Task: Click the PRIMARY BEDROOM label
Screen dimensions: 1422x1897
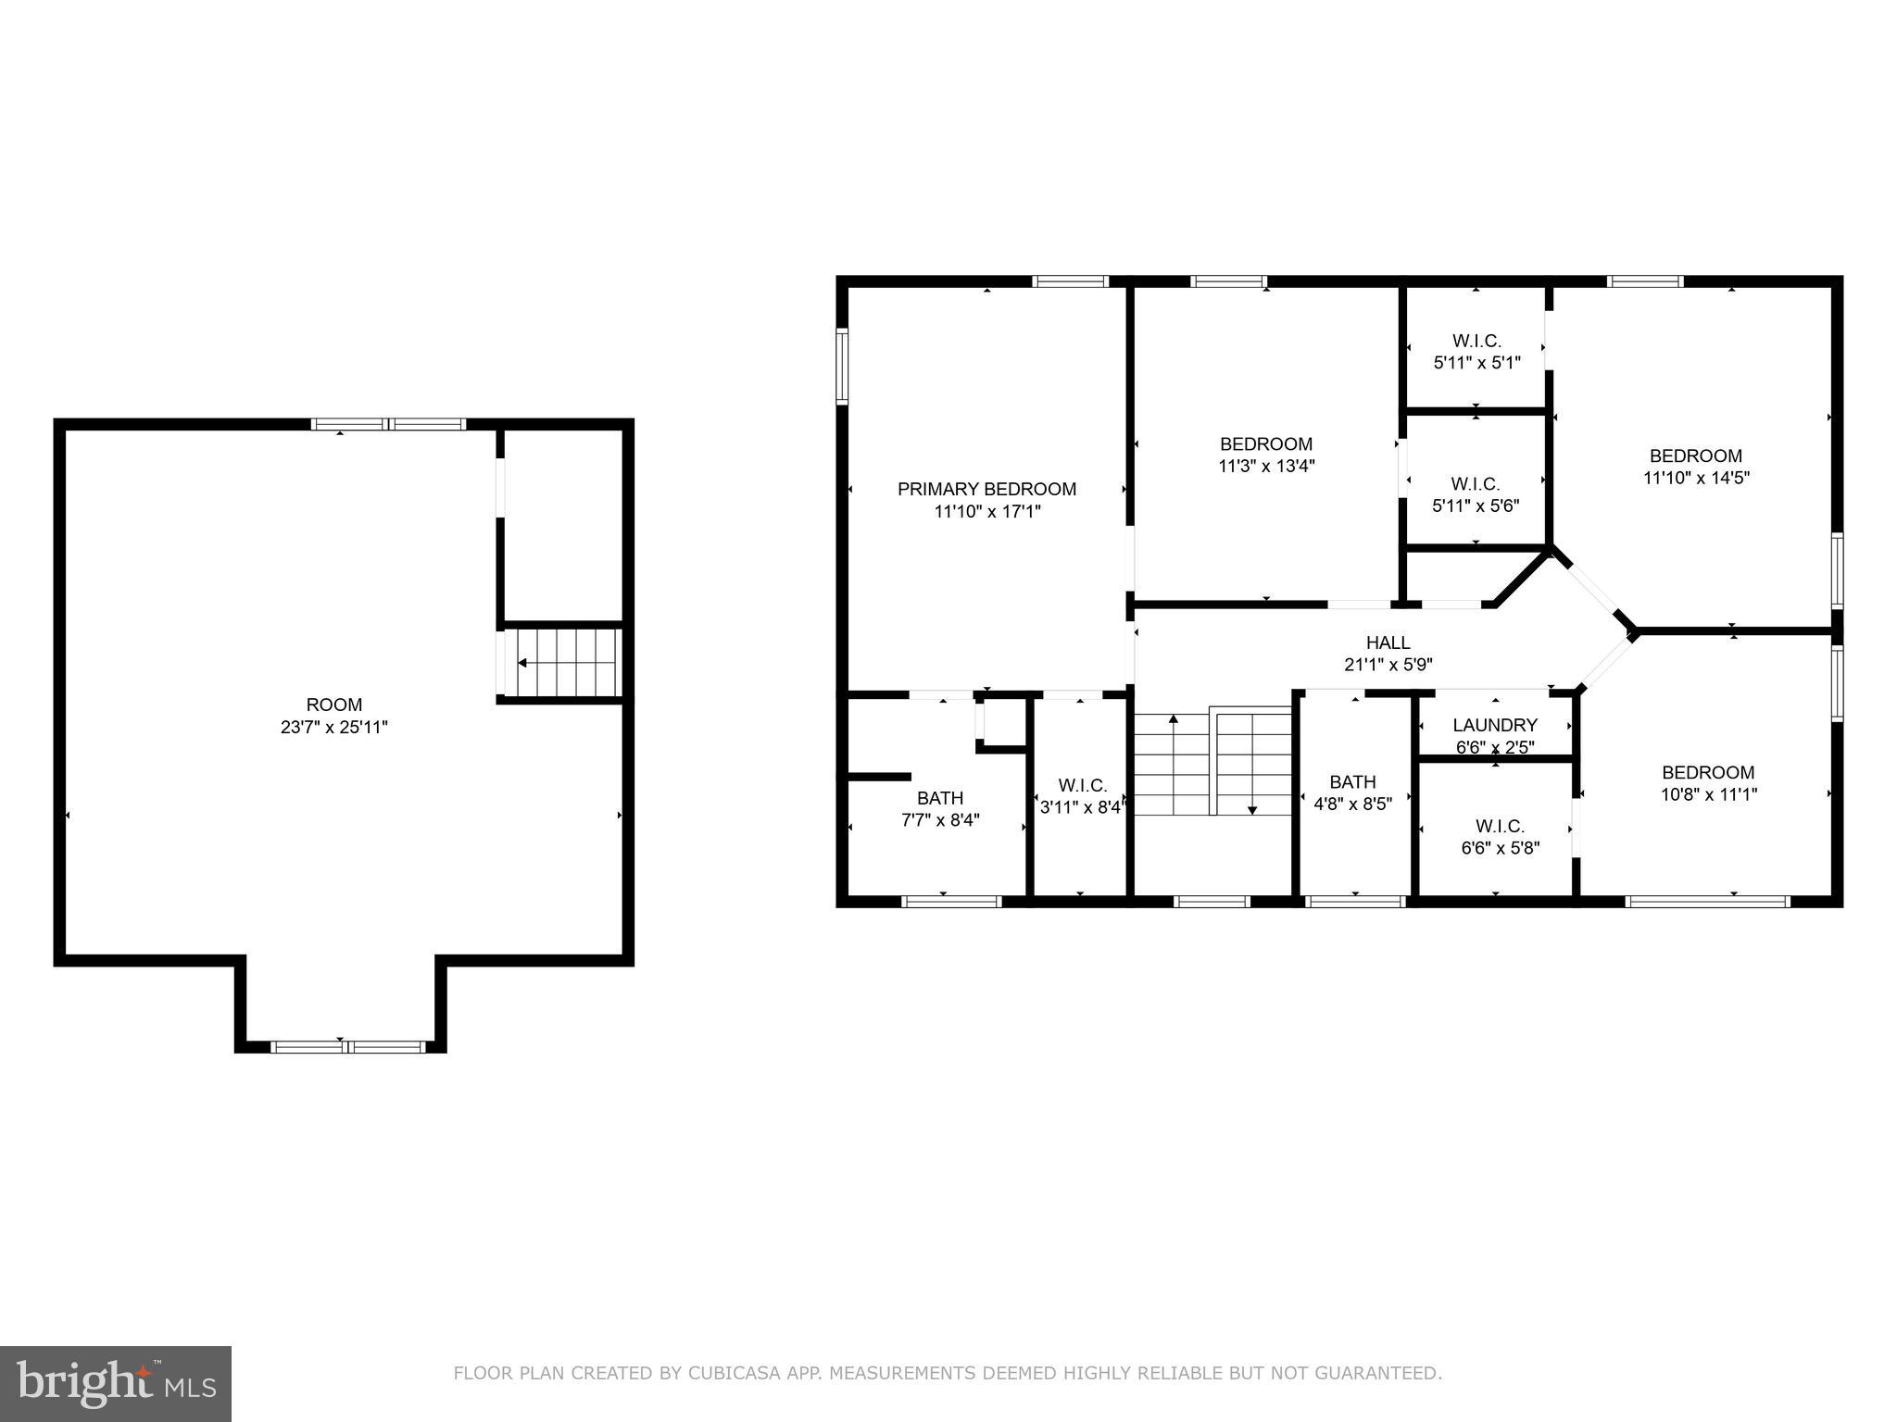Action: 986,489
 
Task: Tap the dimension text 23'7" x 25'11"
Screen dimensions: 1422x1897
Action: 333,728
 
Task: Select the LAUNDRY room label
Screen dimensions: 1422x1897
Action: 1495,725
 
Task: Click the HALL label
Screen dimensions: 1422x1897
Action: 1388,642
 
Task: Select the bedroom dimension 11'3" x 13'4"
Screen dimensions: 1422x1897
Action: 1265,467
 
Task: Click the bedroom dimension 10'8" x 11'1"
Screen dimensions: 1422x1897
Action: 1708,794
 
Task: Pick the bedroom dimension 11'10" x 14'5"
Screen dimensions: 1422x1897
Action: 1696,479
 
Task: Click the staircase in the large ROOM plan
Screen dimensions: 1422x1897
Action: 560,663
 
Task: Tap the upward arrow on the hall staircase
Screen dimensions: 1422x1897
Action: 1174,719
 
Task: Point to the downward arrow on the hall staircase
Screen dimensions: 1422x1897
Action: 1252,809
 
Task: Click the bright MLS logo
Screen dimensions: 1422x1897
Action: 115,1383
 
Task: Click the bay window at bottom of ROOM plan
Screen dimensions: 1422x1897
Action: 347,1047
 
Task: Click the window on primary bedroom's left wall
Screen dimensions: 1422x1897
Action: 842,367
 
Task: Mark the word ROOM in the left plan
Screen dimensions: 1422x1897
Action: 333,705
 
